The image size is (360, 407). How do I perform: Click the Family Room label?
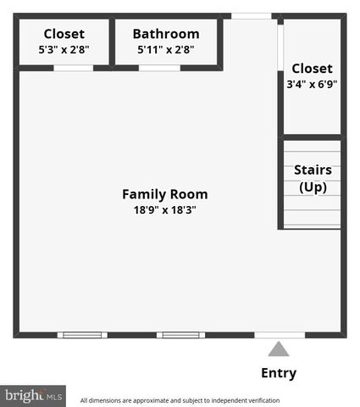164,194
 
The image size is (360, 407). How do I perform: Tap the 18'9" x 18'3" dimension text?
164,209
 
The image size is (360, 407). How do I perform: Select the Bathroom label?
166,34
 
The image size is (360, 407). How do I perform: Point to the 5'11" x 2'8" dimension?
166,50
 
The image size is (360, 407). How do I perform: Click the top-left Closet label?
64,34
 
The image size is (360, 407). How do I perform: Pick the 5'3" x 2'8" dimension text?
64,50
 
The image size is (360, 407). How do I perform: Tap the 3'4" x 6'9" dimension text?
313,84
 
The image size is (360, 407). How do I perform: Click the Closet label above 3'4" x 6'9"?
313,68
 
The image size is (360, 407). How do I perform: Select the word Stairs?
313,170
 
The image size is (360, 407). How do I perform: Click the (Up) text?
313,187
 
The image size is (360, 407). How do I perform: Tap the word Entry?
278,373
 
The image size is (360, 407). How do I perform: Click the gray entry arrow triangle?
279,349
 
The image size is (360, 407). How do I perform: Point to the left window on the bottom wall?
83,335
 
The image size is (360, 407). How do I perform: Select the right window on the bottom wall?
180,335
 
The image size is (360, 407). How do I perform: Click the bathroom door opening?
159,68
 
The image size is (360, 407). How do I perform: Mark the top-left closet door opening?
73,68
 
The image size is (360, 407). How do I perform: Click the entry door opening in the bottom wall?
280,335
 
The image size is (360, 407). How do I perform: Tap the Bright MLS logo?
33,395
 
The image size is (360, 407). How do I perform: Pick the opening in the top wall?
252,15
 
